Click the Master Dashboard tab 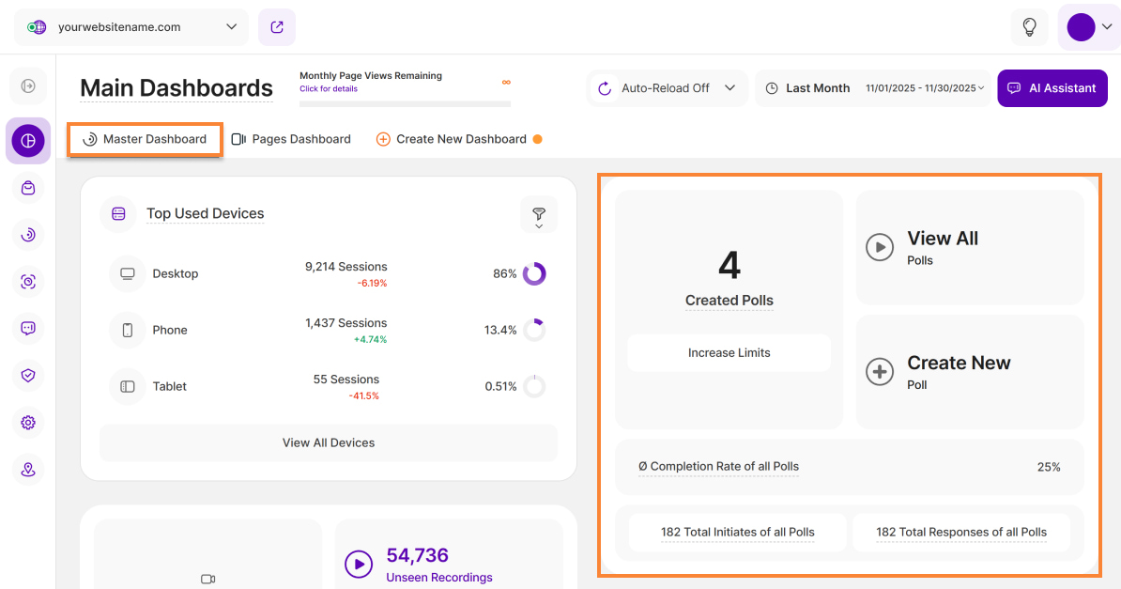146,139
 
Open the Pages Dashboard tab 291,139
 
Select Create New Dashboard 452,139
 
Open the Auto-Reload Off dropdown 668,88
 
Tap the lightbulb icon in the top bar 1029,27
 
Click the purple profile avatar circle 1081,27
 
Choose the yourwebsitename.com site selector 131,27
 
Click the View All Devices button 329,442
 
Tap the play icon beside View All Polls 880,248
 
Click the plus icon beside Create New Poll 880,372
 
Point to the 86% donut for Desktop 534,273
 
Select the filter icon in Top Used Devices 539,214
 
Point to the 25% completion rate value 1049,467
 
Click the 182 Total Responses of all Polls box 961,532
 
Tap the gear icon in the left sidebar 28,423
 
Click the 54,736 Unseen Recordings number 418,555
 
